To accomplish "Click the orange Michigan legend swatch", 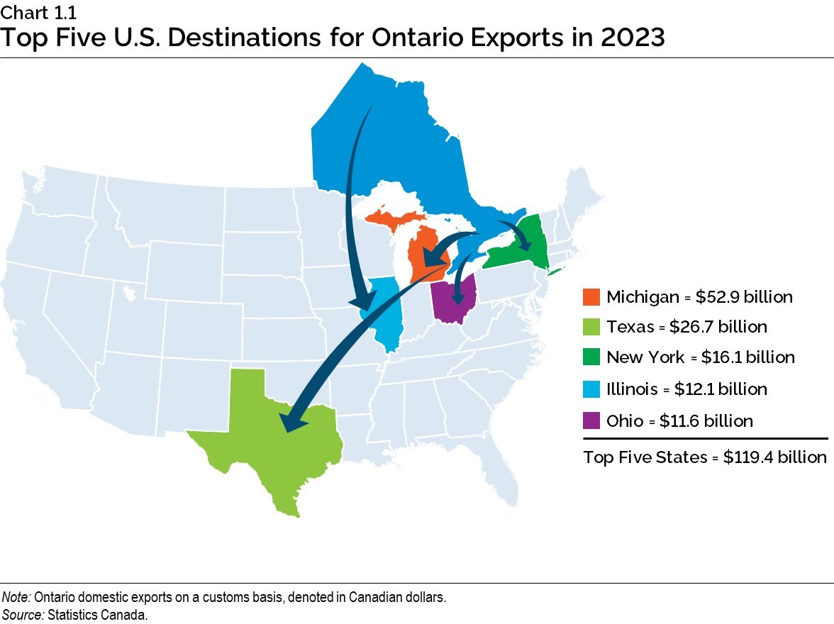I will (x=591, y=297).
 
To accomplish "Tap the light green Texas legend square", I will (x=591, y=327).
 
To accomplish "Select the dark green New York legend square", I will (x=591, y=357).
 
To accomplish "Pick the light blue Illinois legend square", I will (x=591, y=389).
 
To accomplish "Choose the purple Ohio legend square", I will (x=591, y=420).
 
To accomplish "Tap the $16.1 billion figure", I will (x=747, y=357).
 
